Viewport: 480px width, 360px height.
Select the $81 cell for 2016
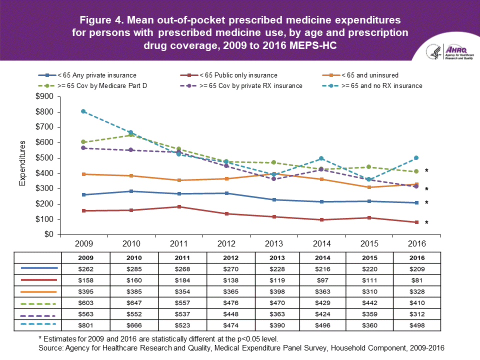416,280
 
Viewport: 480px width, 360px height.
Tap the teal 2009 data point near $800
83,111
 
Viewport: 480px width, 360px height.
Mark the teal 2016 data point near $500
416,158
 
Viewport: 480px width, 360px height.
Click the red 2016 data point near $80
416,222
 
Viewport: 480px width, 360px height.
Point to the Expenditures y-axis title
22,163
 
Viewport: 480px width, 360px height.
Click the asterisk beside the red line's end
426,222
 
